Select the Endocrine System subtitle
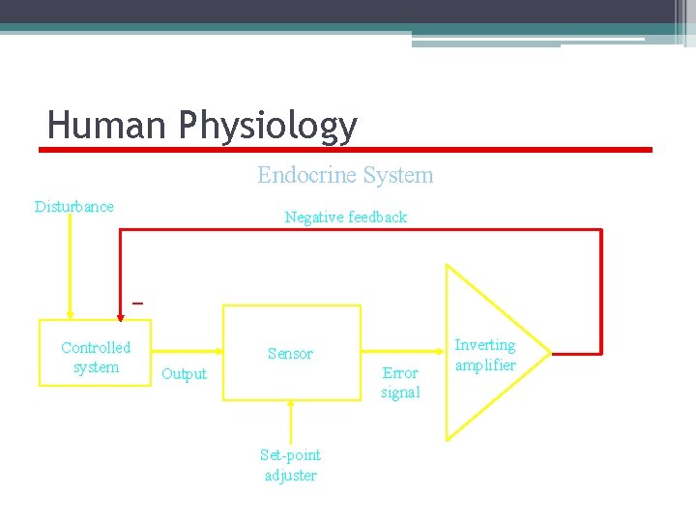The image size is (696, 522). [x=345, y=175]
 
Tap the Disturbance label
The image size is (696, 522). [x=74, y=206]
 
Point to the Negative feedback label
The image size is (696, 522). [x=345, y=217]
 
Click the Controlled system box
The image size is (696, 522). [x=96, y=357]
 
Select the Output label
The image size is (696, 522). [x=184, y=374]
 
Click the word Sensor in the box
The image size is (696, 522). [x=290, y=354]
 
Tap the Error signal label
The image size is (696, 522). [x=400, y=383]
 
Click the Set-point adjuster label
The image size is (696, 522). [x=290, y=465]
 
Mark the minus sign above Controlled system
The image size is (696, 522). [x=137, y=304]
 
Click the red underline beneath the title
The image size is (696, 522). [x=345, y=150]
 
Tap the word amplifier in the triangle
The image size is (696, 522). [x=485, y=365]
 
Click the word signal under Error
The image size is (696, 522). [x=400, y=392]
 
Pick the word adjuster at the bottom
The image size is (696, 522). [x=290, y=475]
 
